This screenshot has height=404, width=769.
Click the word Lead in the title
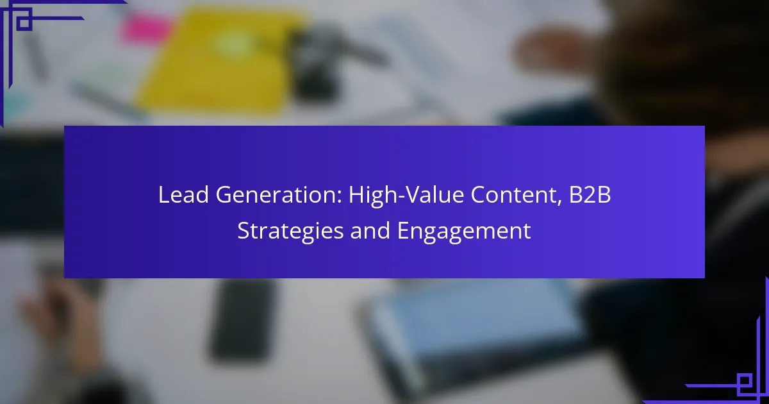click(183, 194)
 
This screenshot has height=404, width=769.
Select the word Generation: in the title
click(279, 194)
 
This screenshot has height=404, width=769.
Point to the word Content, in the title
click(517, 195)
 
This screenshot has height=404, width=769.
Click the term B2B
click(590, 194)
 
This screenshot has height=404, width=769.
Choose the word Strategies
click(290, 231)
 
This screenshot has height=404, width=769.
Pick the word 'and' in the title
click(370, 230)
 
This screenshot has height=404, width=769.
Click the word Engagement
click(464, 231)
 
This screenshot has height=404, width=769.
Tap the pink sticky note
click(146, 28)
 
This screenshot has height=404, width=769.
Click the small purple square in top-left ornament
click(24, 22)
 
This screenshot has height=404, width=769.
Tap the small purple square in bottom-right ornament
click(745, 382)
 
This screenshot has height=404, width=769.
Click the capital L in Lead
click(164, 194)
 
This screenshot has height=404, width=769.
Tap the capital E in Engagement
click(403, 230)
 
